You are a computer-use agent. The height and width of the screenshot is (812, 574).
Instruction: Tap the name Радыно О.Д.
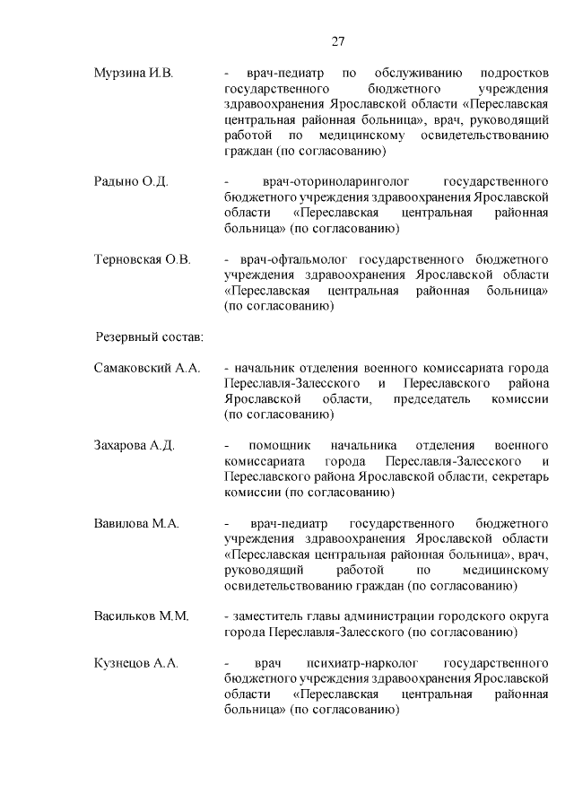pyautogui.click(x=131, y=181)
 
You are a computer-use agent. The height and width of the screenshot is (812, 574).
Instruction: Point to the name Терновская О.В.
pyautogui.click(x=143, y=259)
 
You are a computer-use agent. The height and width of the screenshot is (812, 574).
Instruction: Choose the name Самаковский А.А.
pyautogui.click(x=147, y=368)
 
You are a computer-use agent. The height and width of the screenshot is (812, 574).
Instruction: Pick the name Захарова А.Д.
pyautogui.click(x=134, y=445)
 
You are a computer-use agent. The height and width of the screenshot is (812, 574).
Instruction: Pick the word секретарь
pyautogui.click(x=519, y=476)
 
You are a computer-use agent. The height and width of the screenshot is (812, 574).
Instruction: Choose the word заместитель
pyautogui.click(x=269, y=616)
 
